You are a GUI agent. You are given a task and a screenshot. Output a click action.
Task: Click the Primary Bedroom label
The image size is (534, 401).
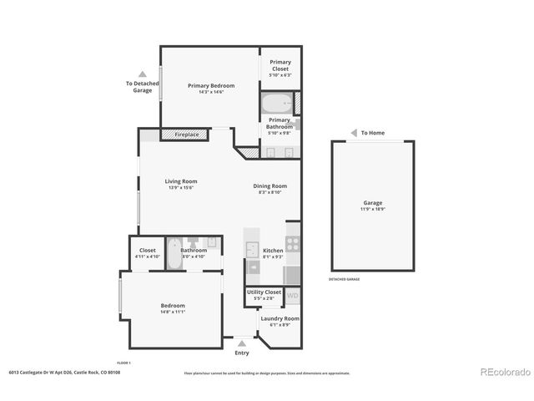pyautogui.click(x=210, y=85)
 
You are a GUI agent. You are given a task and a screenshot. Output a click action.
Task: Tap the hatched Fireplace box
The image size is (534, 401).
pyautogui.click(x=186, y=134)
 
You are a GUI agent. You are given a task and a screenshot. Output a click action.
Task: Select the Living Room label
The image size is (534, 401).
pyautogui.click(x=180, y=181)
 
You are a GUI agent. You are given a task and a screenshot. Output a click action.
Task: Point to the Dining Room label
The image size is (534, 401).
pyautogui.click(x=270, y=186)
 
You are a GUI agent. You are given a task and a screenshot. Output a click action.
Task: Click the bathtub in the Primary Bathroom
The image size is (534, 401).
pyautogui.click(x=276, y=104)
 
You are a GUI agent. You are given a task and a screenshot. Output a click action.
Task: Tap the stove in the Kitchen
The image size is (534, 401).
pyautogui.click(x=293, y=244)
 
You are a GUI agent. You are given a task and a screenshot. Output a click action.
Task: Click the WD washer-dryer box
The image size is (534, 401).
pyautogui.click(x=293, y=296)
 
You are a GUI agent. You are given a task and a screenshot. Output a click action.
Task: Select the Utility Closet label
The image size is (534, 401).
pyautogui.click(x=264, y=292)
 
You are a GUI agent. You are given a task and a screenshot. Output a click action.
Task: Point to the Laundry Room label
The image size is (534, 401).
pyautogui.click(x=280, y=318)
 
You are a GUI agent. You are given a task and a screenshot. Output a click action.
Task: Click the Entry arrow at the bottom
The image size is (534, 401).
pyautogui.click(x=242, y=343)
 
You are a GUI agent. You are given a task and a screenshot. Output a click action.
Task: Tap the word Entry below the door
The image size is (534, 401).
pyautogui.click(x=242, y=353)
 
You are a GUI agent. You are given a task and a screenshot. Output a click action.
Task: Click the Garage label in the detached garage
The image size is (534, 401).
pyautogui.click(x=372, y=203)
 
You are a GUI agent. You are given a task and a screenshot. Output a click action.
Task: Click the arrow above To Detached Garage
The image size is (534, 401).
pyautogui.click(x=143, y=74)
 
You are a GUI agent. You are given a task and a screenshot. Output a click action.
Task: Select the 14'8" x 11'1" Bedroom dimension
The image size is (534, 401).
pyautogui.click(x=173, y=312)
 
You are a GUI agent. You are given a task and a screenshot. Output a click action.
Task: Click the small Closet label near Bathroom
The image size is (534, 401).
pyautogui.click(x=148, y=250)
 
